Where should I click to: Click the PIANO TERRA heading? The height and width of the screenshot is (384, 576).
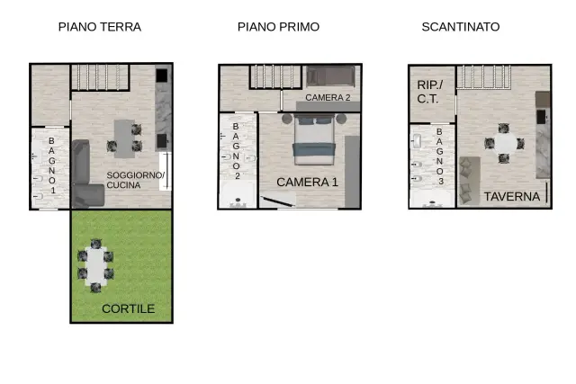(x=100, y=27)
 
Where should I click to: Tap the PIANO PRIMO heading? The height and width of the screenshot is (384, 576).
(x=278, y=27)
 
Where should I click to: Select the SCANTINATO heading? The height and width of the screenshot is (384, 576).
(x=461, y=27)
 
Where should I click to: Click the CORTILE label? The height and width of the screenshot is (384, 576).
(x=128, y=308)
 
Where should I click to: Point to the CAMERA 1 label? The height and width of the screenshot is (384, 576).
(x=307, y=182)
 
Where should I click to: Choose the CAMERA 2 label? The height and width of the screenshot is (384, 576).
(x=328, y=98)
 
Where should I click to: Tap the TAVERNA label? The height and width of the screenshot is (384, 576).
(x=512, y=196)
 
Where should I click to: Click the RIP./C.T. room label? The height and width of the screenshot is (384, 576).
(x=430, y=92)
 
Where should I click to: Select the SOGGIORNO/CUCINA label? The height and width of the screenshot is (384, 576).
(x=136, y=180)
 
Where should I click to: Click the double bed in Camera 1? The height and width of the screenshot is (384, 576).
(x=314, y=139)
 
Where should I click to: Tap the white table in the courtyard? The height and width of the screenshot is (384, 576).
(x=96, y=266)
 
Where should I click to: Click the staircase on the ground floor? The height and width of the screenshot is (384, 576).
(x=100, y=77)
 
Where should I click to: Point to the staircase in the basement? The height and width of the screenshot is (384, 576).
(x=484, y=76)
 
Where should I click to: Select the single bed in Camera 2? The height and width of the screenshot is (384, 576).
(x=330, y=76)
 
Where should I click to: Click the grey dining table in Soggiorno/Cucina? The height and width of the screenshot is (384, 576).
(x=124, y=138)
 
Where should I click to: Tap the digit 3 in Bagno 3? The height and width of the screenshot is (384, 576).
(x=441, y=182)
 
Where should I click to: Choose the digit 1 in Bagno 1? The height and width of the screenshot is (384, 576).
(x=53, y=190)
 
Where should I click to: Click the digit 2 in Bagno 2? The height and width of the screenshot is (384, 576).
(x=238, y=176)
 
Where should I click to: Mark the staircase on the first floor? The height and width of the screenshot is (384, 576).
(x=275, y=76)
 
